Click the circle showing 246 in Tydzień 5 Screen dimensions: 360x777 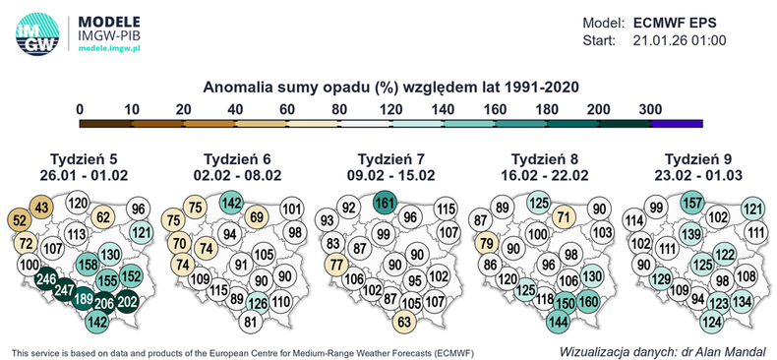tap(43, 280)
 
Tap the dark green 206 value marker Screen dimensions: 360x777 tap(104, 303)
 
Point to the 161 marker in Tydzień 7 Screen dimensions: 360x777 tap(386, 204)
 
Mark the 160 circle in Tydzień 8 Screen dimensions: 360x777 tap(588, 302)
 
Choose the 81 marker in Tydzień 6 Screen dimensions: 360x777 tap(250, 321)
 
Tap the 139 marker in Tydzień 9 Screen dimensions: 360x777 tap(691, 234)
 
